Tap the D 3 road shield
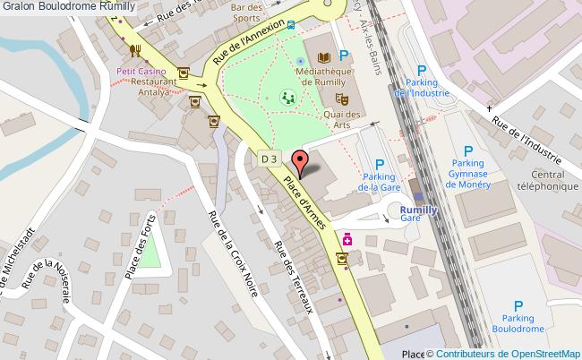[x=270, y=158]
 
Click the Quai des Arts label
[x=341, y=120]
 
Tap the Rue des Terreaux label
[x=292, y=280]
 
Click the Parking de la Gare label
[x=379, y=183]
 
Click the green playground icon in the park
[x=287, y=95]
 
